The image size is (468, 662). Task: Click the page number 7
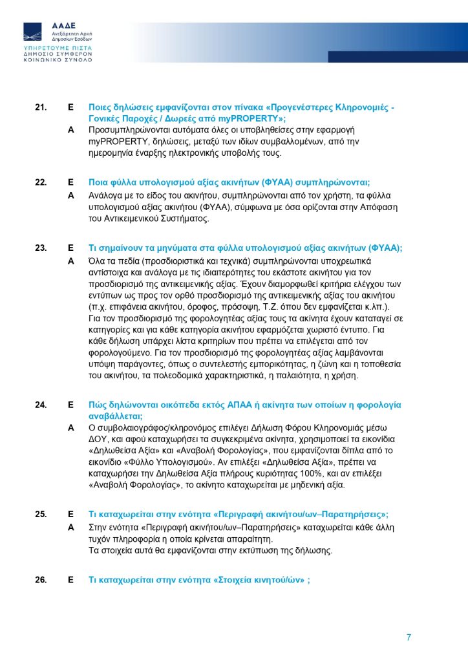(409, 637)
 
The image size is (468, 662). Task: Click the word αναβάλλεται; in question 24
(115, 416)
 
